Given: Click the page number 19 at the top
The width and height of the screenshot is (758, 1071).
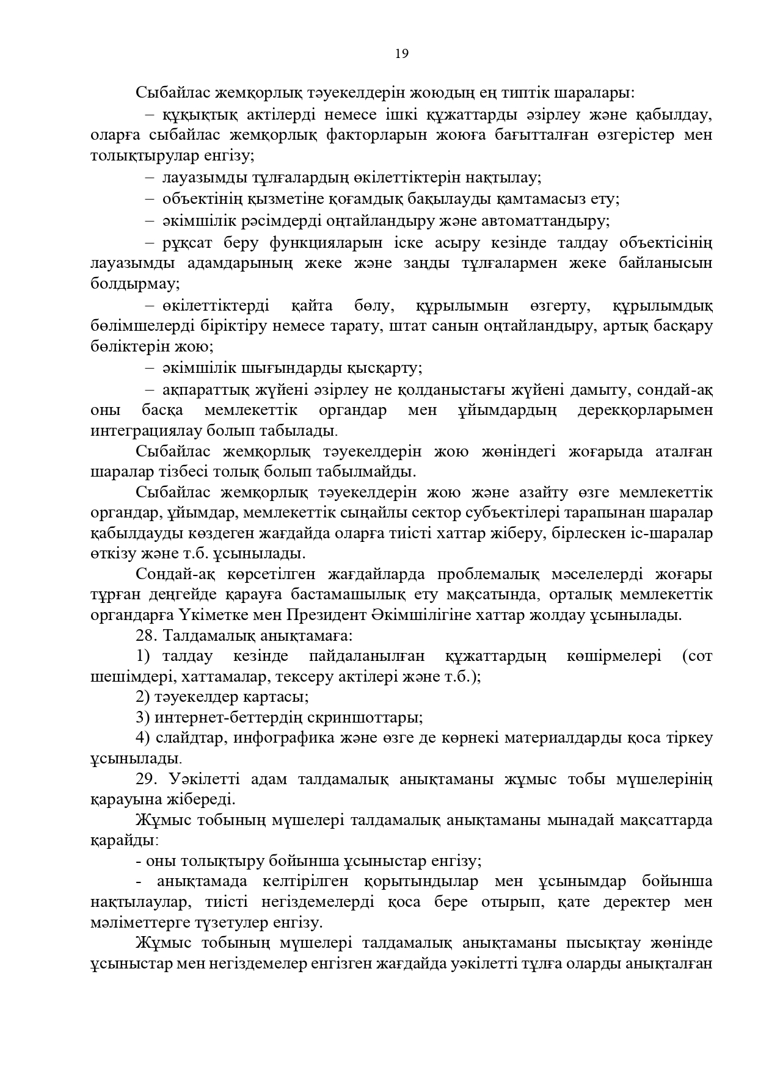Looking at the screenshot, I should point(401,54).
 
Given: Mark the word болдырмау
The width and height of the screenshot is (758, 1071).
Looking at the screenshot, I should point(134,284).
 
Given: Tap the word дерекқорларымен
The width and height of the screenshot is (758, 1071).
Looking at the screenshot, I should point(644,410).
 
